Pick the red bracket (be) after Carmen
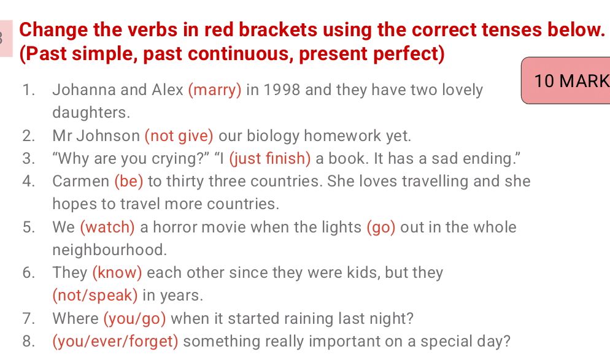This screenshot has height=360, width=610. (129, 182)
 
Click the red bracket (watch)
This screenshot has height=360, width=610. (107, 228)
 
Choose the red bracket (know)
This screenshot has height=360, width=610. (117, 273)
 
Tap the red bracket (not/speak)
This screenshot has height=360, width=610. (95, 296)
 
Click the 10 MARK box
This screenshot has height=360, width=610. (566, 81)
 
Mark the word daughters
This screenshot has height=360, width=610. (91, 113)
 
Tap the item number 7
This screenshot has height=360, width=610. (28, 319)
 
